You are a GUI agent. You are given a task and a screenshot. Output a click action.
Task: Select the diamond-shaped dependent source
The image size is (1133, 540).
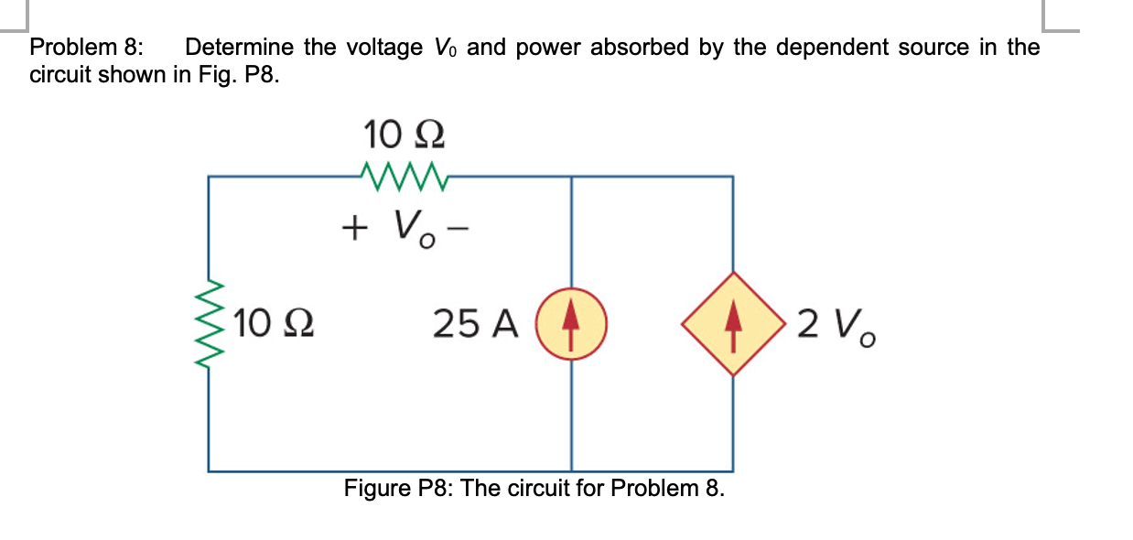click(x=732, y=323)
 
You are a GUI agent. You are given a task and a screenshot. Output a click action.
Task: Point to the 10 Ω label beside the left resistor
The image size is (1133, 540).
click(x=274, y=323)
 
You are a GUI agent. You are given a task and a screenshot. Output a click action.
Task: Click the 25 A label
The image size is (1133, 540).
click(x=475, y=323)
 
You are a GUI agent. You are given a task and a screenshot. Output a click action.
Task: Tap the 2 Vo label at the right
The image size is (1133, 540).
click(x=836, y=325)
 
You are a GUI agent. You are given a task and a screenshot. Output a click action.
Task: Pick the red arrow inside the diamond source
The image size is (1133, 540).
click(x=732, y=323)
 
